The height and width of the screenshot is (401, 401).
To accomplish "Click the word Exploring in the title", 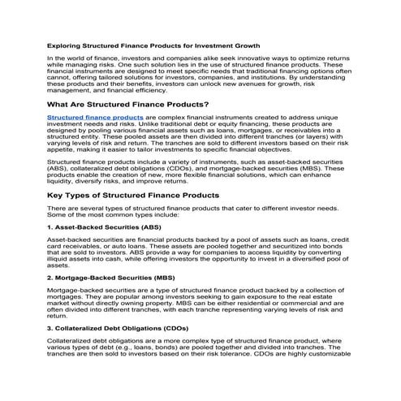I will point(65,46).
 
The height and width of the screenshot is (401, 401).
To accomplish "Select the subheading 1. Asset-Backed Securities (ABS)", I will point(106,228).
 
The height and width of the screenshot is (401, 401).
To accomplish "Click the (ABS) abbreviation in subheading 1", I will point(153,228).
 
